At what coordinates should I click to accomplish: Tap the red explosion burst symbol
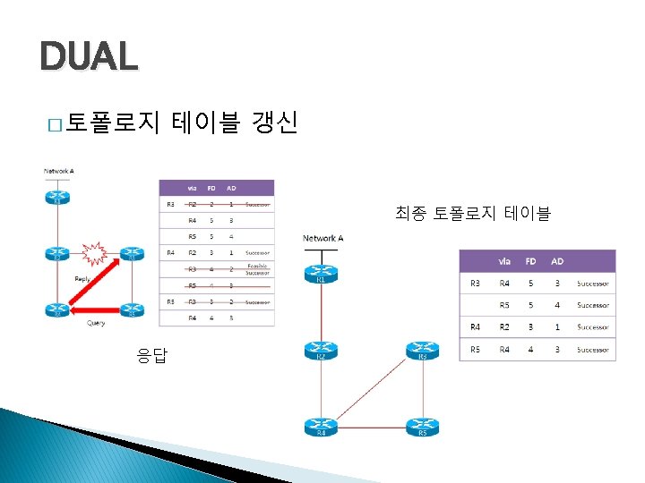[94, 254]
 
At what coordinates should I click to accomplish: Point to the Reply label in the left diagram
[82, 279]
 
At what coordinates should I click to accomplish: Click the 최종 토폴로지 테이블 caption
[472, 213]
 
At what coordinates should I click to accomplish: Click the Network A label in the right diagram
[322, 238]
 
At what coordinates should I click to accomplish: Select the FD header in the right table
[530, 261]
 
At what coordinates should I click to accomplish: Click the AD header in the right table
[556, 261]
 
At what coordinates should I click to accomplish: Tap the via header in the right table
[504, 261]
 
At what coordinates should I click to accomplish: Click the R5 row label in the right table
[475, 349]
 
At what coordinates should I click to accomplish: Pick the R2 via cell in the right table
[504, 327]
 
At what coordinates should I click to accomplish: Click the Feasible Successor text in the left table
[258, 268]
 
